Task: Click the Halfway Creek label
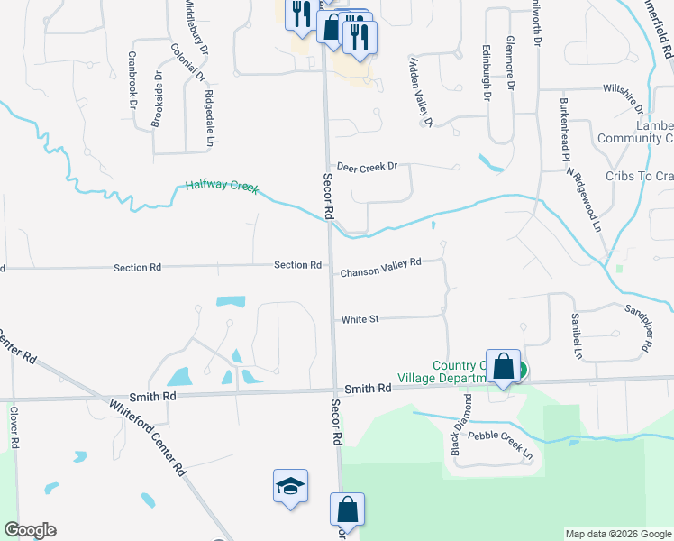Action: (x=222, y=187)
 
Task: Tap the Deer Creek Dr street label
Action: (x=372, y=167)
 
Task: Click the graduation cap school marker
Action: (x=291, y=487)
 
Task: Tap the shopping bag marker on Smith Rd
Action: (x=504, y=367)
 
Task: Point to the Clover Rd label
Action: (x=14, y=427)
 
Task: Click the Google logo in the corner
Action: (x=30, y=530)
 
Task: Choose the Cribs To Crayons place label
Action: (x=639, y=177)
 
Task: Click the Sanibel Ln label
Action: (x=575, y=335)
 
